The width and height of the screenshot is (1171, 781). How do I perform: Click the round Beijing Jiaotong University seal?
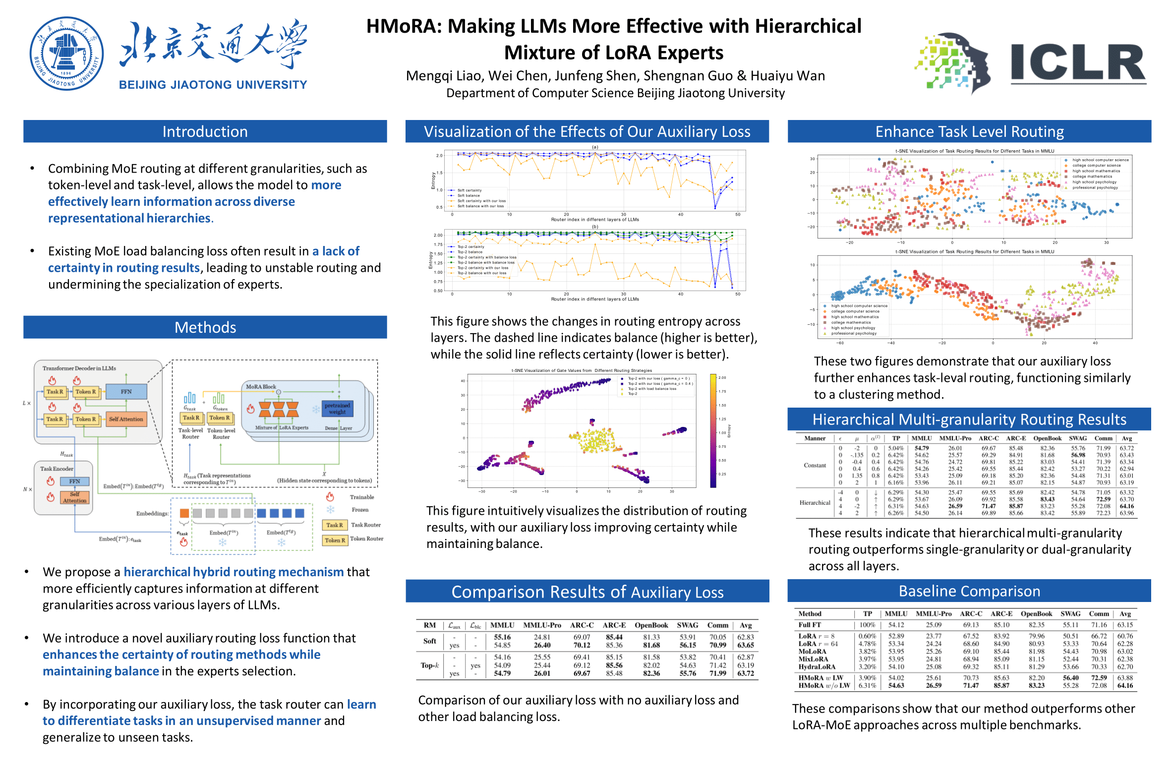[66, 53]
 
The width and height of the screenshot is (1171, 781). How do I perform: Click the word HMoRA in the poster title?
[403, 26]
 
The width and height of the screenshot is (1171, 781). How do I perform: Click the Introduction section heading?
[205, 131]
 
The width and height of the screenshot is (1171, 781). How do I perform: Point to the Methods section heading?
[205, 327]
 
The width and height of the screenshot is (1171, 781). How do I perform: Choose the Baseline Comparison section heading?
[969, 591]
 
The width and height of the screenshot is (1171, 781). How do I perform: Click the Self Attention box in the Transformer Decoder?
[126, 419]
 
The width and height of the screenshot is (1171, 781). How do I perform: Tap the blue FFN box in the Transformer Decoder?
[126, 392]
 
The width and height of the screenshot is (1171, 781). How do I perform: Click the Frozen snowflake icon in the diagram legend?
[330, 510]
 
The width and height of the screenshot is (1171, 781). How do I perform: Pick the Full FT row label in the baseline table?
[810, 625]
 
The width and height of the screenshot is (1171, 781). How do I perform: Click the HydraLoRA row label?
[817, 666]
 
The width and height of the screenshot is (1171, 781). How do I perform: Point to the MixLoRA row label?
[813, 659]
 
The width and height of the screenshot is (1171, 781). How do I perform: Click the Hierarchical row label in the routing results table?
[815, 503]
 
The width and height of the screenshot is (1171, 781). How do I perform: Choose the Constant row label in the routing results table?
[815, 465]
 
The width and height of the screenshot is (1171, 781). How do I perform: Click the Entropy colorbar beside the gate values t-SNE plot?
[713, 430]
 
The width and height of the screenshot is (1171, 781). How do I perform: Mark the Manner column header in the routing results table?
[815, 438]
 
